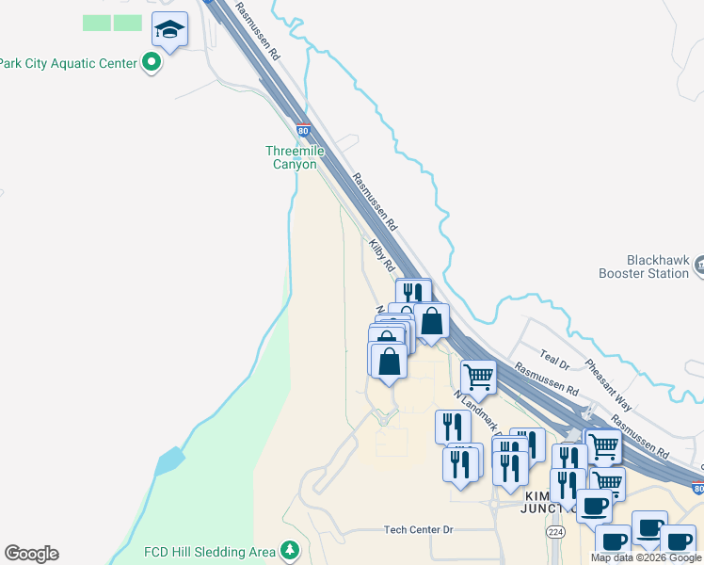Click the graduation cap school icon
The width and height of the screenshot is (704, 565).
169,30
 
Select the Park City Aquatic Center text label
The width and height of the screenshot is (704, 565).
68,63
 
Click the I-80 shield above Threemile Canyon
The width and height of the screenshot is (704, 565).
302,129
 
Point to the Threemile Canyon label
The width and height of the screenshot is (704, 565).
295,157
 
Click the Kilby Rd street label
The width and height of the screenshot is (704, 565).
381,255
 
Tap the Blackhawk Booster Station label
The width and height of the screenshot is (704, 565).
644,266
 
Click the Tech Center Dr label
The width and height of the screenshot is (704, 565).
419,530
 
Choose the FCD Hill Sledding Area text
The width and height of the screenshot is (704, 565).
209,551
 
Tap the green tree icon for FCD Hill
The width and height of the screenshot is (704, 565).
291,550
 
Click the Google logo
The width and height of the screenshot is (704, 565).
31,554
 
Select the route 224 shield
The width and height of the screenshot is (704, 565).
555,532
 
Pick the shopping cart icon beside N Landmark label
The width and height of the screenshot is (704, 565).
478,378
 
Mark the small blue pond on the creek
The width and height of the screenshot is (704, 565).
170,461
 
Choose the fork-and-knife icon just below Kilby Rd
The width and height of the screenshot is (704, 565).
413,294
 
